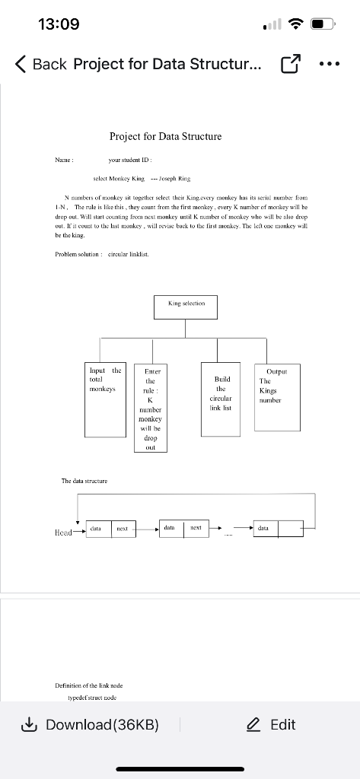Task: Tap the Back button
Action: coord(41,65)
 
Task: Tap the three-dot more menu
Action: coord(333,65)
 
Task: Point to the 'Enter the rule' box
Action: coord(150,408)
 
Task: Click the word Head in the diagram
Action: coord(64,532)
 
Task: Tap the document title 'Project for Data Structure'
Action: coord(166,136)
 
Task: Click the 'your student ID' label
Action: coord(131,161)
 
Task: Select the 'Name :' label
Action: coord(64,161)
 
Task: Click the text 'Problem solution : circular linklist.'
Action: coord(101,254)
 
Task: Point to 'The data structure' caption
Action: coord(84,481)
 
